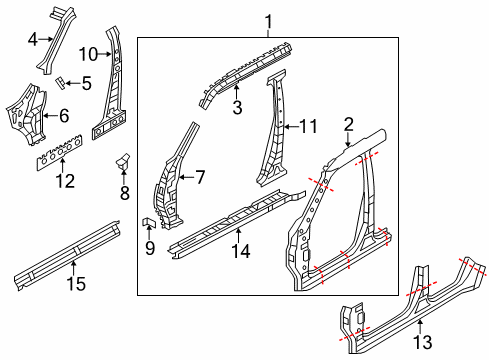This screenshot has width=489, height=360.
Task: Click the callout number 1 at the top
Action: tap(267, 21)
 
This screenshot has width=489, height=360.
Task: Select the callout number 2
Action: tap(348, 124)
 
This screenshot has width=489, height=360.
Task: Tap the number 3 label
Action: tap(236, 108)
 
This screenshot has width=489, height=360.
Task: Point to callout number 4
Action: tap(33, 41)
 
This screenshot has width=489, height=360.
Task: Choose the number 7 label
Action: tap(199, 177)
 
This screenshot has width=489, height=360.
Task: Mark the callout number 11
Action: tap(308, 127)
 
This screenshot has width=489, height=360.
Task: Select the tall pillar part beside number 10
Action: tap(111, 90)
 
